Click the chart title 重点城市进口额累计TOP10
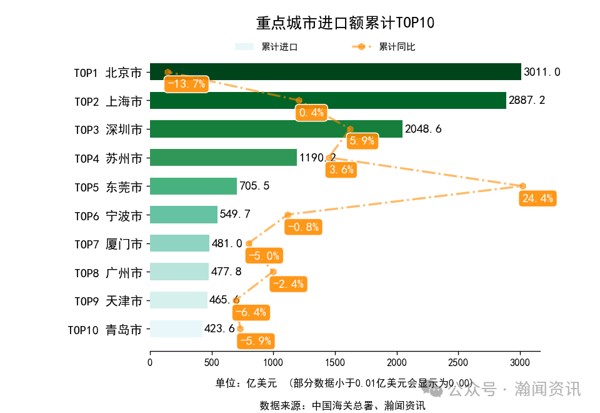345,23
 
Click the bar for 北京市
335,72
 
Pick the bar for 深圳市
276,129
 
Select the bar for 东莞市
193,186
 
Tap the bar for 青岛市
176,329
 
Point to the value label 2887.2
527,100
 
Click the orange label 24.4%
537,198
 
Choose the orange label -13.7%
185,84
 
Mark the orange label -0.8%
303,227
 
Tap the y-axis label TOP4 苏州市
108,158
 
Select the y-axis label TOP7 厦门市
108,243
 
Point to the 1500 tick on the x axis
335,362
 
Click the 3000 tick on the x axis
520,362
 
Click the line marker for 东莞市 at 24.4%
522,186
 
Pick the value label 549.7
235,215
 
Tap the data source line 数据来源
342,405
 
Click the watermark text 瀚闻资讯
547,389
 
